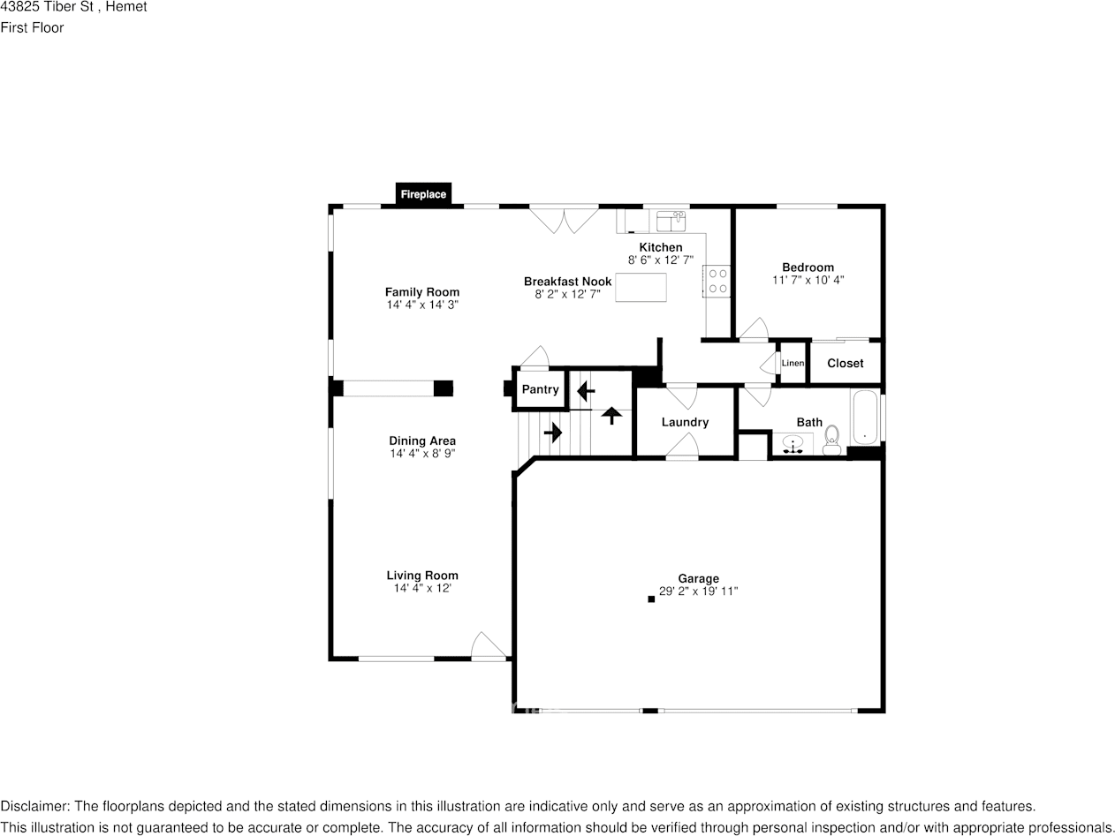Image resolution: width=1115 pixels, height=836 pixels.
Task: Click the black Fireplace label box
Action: point(423,194)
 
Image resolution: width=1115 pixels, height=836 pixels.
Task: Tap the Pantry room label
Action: point(540,389)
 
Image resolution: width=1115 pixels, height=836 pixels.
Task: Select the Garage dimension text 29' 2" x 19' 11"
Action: point(698,591)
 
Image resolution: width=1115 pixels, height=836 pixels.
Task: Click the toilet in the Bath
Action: point(831,441)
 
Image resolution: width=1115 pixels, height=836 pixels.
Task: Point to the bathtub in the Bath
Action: point(864,418)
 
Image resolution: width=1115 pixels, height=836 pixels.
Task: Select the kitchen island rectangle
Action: point(641,288)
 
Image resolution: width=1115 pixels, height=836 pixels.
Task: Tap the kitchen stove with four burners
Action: point(717,281)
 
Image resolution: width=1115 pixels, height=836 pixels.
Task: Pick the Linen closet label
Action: point(793,363)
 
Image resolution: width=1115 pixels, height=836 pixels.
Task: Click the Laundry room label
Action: point(685,422)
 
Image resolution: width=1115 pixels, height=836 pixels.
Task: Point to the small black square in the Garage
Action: point(651,599)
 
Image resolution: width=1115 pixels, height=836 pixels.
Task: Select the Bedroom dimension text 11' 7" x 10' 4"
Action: point(808,280)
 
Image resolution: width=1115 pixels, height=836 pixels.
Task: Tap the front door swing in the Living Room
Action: point(489,645)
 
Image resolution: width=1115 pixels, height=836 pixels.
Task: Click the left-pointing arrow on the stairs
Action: point(586,390)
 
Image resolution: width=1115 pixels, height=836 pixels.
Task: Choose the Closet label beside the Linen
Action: point(845,363)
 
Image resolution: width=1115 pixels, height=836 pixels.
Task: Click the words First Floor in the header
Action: point(32,27)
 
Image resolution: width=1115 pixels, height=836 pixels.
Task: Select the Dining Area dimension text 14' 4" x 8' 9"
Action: point(422,454)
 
